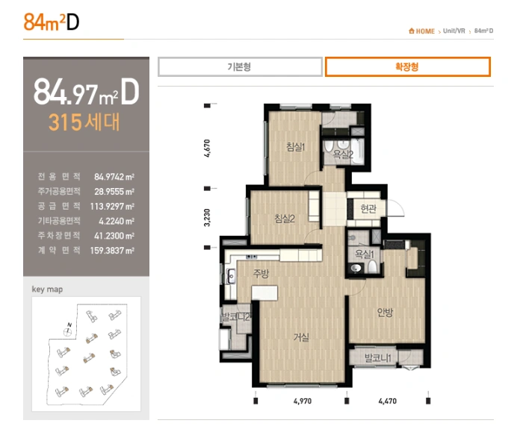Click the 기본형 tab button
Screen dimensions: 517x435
coord(240,67)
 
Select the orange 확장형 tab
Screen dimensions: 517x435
coord(407,67)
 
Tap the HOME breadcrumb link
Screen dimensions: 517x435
coord(421,31)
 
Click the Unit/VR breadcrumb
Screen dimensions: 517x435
coord(453,31)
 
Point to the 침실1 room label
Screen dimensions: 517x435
coord(295,146)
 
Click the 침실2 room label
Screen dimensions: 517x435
coord(285,219)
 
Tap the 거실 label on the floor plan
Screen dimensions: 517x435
coord(301,337)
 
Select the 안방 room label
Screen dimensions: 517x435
coord(385,312)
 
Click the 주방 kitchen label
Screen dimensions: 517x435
coord(261,273)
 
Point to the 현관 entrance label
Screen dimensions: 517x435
coord(368,208)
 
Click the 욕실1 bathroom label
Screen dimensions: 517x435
coord(365,254)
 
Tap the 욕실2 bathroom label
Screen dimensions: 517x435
coord(343,154)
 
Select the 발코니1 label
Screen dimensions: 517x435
coord(378,358)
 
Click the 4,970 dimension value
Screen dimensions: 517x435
coord(303,401)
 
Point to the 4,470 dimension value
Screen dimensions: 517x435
coord(388,401)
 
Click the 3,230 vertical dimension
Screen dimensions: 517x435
coord(207,218)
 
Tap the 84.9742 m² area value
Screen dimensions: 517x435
coord(114,177)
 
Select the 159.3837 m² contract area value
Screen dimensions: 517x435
coord(112,251)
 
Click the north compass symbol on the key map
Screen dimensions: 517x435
coord(68,331)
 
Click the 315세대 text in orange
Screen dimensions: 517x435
coord(84,122)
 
